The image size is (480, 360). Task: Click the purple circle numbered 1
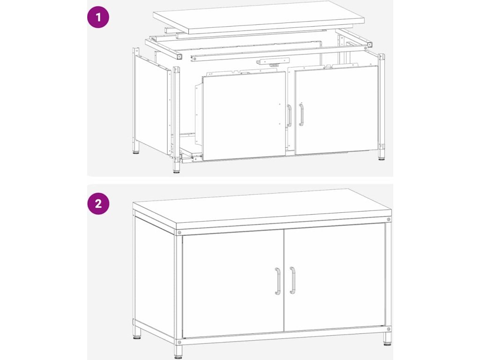(98, 17)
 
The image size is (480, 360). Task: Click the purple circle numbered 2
(98, 203)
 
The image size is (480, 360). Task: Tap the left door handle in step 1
(289, 116)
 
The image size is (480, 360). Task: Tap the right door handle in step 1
(301, 114)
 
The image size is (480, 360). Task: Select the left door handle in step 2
(277, 281)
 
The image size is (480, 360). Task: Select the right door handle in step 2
(292, 280)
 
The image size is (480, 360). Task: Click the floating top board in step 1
(259, 17)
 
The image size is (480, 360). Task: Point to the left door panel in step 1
(244, 116)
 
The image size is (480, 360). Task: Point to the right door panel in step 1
(337, 110)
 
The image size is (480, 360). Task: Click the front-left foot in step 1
(177, 167)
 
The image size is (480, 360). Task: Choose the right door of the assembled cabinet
(335, 277)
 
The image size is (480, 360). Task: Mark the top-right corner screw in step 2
(389, 219)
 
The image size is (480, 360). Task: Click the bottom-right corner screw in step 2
(389, 330)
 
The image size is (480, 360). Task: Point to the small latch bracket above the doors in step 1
(273, 61)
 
